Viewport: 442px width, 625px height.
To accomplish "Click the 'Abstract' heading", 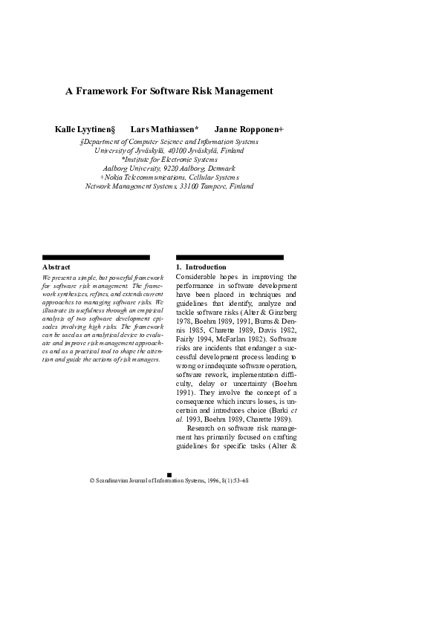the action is pos(56,266).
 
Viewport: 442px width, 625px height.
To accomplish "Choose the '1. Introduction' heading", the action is pos(201,266).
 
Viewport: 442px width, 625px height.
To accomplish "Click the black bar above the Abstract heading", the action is pos(96,258).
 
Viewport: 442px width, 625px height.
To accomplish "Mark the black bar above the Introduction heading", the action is pos(229,258).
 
